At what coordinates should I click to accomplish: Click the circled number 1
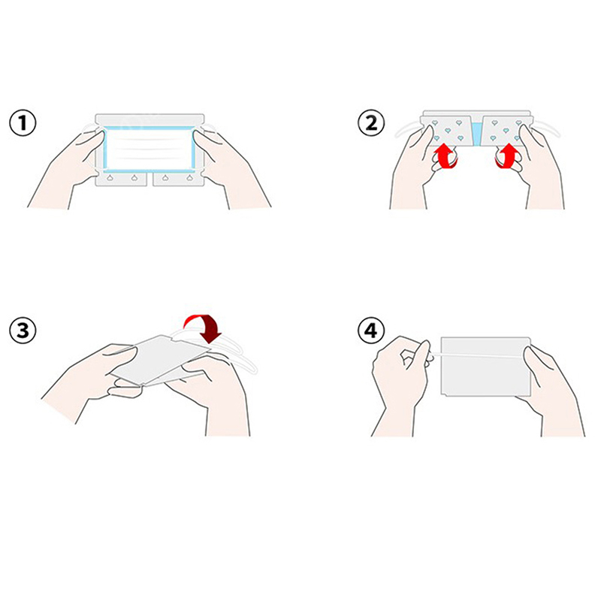point(23,123)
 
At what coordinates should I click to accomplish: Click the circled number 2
point(371,123)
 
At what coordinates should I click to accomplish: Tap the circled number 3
point(23,331)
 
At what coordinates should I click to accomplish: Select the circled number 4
point(371,331)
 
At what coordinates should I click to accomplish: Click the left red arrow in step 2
point(445,156)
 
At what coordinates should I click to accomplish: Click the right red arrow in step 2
point(508,156)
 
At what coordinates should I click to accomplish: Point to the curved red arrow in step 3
point(203,328)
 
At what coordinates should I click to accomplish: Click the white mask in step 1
point(149,149)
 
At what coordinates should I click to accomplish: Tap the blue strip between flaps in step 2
point(476,134)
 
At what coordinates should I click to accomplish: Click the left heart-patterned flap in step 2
point(446,131)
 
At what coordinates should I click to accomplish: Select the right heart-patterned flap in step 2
point(506,131)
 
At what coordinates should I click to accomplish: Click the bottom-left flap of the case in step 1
point(121,179)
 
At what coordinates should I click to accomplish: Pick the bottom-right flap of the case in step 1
point(178,179)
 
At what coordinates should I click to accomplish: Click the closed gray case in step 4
point(485,367)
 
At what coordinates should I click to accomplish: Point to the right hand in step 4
point(552,391)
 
